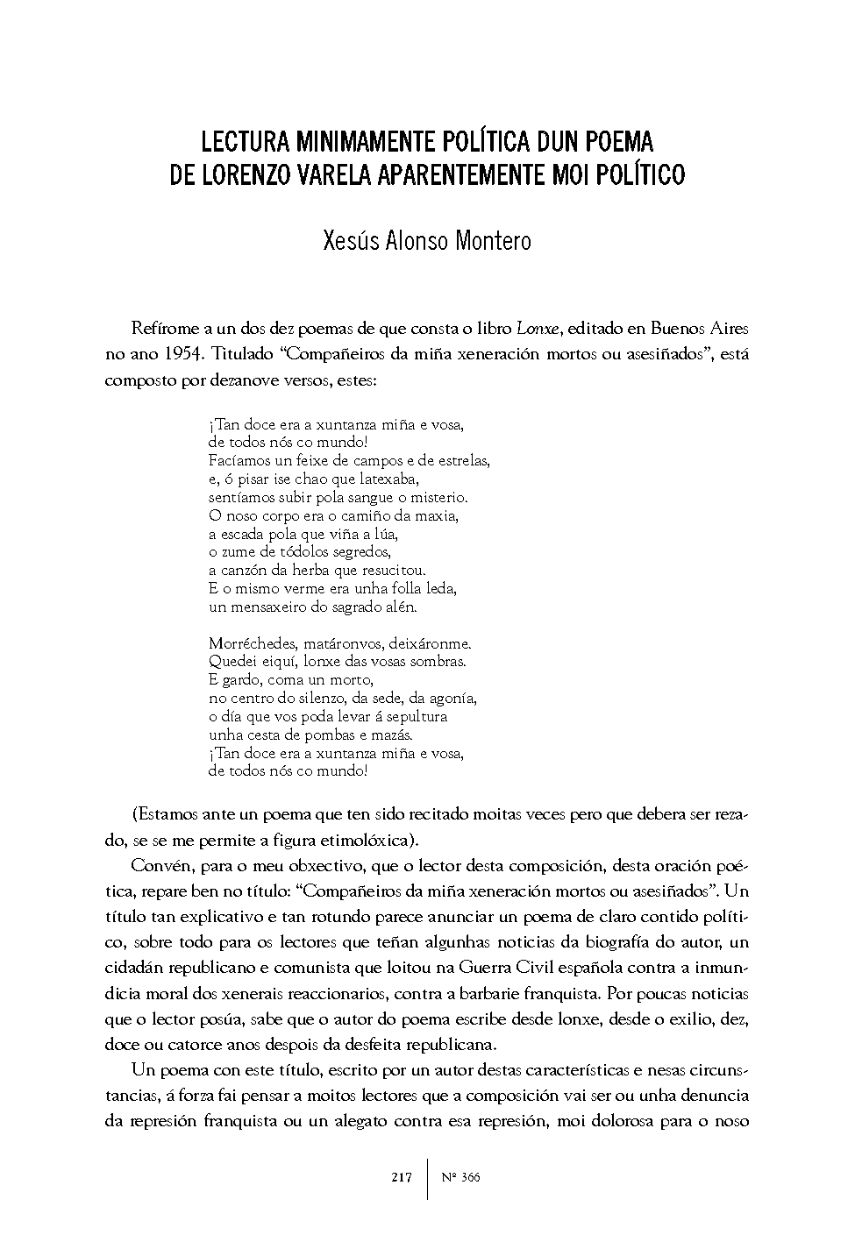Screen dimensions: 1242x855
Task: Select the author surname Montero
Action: (493, 241)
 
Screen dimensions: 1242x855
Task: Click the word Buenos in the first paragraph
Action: (673, 330)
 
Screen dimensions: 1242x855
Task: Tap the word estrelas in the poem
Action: (461, 460)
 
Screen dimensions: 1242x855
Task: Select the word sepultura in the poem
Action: (417, 716)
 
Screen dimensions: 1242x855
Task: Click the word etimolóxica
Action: (364, 840)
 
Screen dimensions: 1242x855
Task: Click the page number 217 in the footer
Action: (402, 1177)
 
